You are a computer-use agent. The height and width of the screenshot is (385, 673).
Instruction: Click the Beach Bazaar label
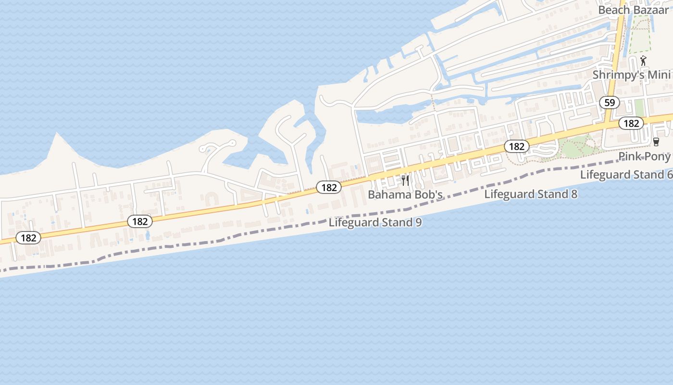(x=634, y=10)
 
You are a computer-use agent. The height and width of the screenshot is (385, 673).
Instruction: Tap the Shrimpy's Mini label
(x=631, y=75)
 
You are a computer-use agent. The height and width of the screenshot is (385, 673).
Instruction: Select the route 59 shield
(x=610, y=103)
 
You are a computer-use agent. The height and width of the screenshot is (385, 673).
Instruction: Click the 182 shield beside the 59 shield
(x=631, y=123)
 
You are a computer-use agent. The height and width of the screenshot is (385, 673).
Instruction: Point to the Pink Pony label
(x=644, y=156)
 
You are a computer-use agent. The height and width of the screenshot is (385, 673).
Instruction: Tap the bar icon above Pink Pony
(x=656, y=141)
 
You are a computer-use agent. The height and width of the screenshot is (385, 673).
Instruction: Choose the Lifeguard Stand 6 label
(x=626, y=174)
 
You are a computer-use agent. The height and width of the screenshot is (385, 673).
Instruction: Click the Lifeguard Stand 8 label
(x=531, y=194)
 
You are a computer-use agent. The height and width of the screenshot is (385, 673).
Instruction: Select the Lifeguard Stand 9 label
(x=375, y=222)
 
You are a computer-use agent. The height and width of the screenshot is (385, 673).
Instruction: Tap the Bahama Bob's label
(x=405, y=194)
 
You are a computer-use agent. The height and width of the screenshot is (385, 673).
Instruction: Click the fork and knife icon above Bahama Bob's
(x=405, y=180)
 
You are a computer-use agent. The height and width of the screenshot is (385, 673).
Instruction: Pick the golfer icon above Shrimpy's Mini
(x=643, y=61)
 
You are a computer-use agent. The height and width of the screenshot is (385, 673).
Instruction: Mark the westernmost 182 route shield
(x=28, y=238)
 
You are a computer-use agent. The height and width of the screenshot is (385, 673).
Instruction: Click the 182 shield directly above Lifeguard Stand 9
(x=329, y=187)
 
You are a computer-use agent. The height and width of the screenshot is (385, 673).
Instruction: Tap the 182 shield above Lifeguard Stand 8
(x=516, y=146)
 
